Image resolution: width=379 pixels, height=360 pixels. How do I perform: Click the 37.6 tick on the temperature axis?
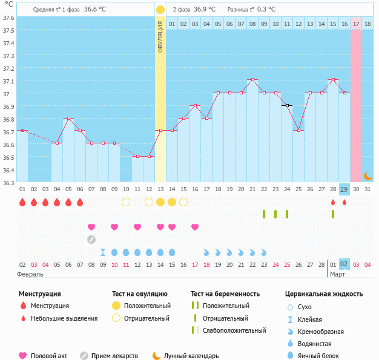coord(8,18)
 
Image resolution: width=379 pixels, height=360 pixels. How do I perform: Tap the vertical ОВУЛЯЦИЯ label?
coord(160,36)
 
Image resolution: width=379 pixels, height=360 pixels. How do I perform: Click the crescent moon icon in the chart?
coord(367,175)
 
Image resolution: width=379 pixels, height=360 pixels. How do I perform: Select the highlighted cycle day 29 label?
coord(344,189)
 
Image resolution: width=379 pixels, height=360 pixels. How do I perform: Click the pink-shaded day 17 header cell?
coord(356,24)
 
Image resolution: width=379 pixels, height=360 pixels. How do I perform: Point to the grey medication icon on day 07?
coord(91,239)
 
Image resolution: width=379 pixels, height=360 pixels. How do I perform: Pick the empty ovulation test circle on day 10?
coord(126,201)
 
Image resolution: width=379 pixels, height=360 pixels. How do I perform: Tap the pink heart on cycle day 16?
coord(195,227)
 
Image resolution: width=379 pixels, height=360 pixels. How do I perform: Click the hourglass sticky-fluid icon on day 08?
coord(103,252)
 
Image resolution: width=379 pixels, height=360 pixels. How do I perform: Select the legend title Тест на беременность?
coord(225,294)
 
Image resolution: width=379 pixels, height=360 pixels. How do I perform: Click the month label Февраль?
coord(30,274)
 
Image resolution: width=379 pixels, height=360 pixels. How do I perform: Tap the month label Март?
coord(338,274)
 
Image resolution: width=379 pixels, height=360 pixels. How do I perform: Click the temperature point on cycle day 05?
coord(68,119)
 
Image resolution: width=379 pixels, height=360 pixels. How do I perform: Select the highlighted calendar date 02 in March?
coord(344,264)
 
